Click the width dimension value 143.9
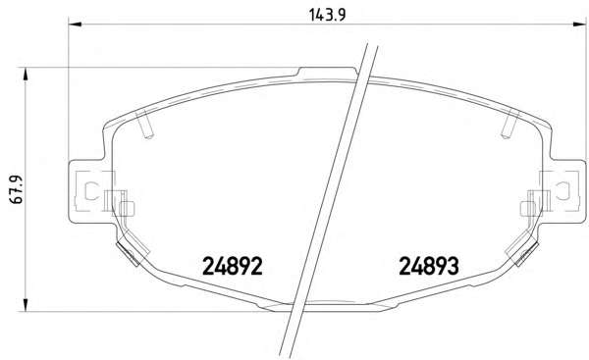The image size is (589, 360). click(327, 15)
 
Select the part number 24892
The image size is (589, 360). click(232, 266)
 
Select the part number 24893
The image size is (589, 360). click(429, 266)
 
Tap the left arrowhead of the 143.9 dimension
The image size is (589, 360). click(75, 25)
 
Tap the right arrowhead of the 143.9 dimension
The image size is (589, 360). click(579, 25)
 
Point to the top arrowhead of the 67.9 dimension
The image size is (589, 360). click(26, 75)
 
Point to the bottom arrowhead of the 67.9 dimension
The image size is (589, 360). click(26, 305)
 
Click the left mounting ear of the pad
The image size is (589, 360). click(87, 191)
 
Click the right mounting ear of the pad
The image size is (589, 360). click(566, 191)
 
